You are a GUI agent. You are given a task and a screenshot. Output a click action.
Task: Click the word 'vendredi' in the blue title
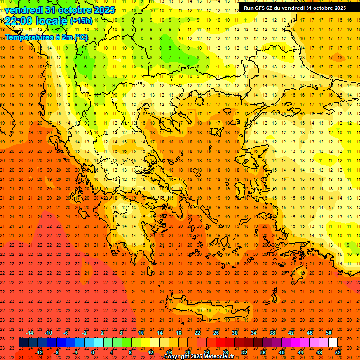tap(23, 9)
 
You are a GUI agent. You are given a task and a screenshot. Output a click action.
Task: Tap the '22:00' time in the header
tap(19, 21)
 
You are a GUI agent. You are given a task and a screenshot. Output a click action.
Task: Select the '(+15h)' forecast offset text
tap(81, 21)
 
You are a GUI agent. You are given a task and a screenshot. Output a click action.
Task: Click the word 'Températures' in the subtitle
tap(29, 37)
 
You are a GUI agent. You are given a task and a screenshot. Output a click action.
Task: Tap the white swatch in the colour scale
tap(333, 343)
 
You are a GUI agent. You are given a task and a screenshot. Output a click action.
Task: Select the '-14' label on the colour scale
tap(30, 333)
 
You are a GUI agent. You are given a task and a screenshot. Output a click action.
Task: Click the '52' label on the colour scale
tap(338, 352)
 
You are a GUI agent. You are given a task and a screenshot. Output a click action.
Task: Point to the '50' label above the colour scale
tap(328, 333)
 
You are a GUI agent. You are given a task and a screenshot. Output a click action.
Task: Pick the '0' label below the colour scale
tap(93, 352)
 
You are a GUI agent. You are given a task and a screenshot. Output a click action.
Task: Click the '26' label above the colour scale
tap(216, 333)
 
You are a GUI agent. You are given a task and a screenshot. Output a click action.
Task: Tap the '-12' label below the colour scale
tap(39, 352)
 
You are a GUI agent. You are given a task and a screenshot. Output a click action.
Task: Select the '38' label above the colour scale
tap(272, 333)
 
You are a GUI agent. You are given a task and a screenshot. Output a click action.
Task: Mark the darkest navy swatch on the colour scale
tap(23, 343)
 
